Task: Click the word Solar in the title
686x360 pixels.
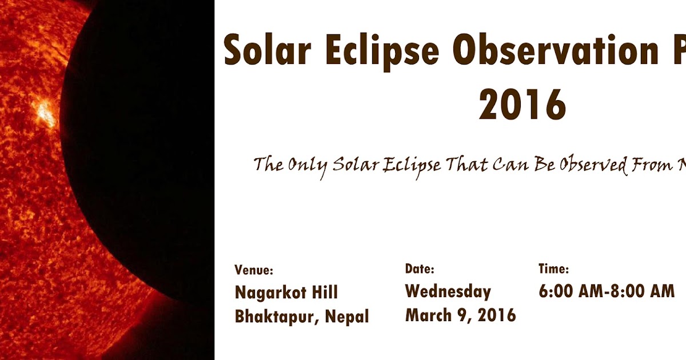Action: pos(267,50)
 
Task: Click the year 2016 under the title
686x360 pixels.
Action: pos(522,104)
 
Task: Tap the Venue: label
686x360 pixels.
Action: pos(254,270)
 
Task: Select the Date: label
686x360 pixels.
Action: pos(420,269)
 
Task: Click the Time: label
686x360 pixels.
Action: pos(553,269)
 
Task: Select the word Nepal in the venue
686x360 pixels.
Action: pos(347,316)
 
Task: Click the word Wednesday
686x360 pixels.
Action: pos(448,291)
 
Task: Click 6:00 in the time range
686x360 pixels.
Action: pos(558,291)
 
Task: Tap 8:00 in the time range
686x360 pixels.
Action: pos(629,291)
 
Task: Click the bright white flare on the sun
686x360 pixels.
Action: pos(45,113)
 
